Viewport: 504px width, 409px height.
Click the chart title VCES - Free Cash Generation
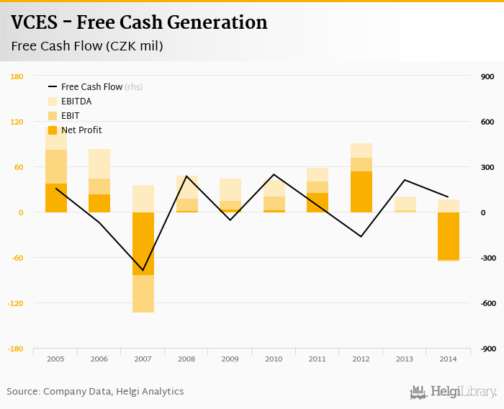[x=139, y=23]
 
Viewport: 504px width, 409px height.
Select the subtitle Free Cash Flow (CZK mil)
[x=87, y=47]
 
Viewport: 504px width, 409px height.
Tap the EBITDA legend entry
[x=76, y=102]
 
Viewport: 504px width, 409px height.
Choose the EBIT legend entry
[x=71, y=116]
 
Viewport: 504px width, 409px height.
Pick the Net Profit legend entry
[x=81, y=130]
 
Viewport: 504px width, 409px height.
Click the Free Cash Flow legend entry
[x=91, y=87]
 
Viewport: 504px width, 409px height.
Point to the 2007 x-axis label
[x=143, y=358]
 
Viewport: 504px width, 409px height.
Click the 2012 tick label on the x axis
[x=361, y=358]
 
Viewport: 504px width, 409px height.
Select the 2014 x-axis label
[x=448, y=358]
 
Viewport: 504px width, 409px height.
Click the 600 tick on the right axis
[x=487, y=122]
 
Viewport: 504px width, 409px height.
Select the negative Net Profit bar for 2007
[x=143, y=243]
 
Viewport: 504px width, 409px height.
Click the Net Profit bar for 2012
[x=361, y=192]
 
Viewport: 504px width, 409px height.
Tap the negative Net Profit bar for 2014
[x=448, y=236]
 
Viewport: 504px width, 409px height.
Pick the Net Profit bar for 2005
[x=56, y=198]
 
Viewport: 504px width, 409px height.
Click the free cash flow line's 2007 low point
[x=143, y=270]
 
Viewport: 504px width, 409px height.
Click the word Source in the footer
[x=23, y=392]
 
